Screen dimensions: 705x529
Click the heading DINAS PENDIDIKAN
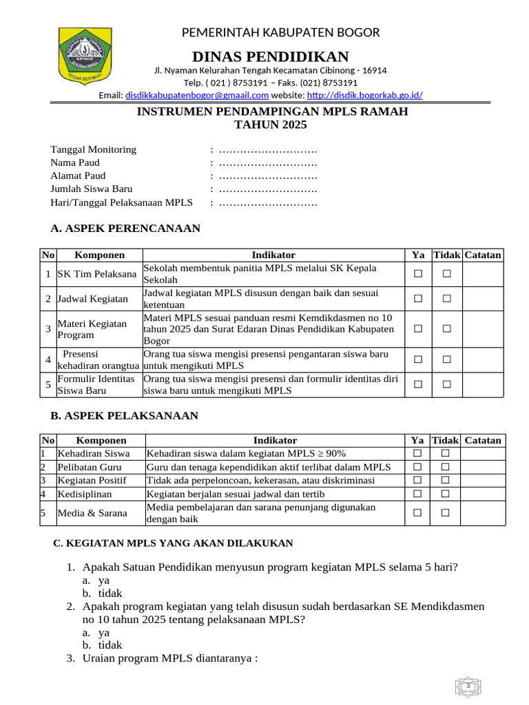(x=271, y=56)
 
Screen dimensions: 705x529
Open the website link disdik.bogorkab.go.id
(x=364, y=95)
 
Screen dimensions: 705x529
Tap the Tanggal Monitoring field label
(x=94, y=149)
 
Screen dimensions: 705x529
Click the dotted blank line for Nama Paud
(x=268, y=162)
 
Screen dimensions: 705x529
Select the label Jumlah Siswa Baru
(x=92, y=189)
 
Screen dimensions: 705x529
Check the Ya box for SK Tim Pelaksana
(x=417, y=274)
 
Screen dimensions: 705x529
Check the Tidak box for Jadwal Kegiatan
(x=446, y=299)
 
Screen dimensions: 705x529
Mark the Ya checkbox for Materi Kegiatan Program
(x=417, y=329)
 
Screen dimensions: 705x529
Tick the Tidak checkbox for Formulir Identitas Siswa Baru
(x=446, y=384)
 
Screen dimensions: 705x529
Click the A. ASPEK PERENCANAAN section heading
(x=125, y=229)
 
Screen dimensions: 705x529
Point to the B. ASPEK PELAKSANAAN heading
(x=125, y=416)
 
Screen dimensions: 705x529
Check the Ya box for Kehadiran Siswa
(x=417, y=453)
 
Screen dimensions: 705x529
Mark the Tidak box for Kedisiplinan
(x=445, y=494)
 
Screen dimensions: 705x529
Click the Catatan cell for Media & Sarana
(x=482, y=513)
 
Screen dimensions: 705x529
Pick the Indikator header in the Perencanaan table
(x=273, y=255)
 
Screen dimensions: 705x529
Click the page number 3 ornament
(x=468, y=686)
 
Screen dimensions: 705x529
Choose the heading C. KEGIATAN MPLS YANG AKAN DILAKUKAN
(x=173, y=543)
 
